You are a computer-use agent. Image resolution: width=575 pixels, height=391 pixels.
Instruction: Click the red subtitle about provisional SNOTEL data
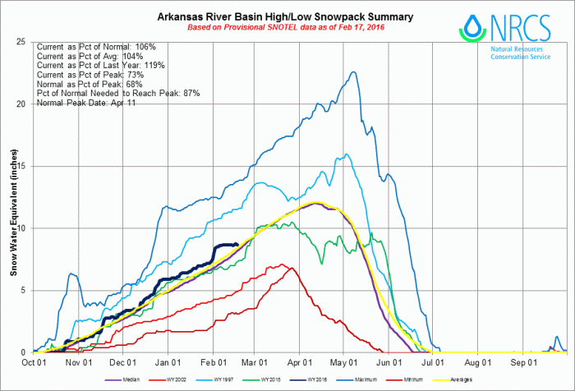(285, 27)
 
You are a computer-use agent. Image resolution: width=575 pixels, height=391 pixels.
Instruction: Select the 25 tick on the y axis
(23, 42)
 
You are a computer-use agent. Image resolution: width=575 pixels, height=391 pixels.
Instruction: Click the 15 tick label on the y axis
(23, 166)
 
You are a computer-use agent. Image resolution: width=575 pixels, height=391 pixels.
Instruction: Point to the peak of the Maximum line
(353, 71)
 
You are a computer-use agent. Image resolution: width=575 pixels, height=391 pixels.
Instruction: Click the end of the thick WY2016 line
(237, 244)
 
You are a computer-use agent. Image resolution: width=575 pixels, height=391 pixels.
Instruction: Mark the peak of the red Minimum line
(283, 264)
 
